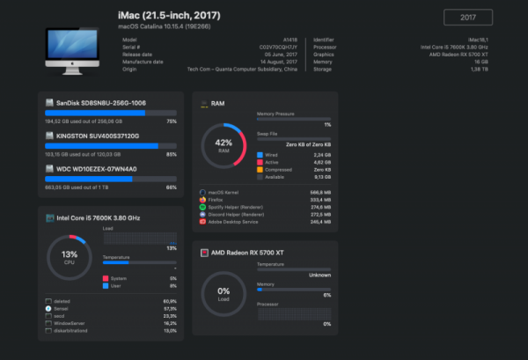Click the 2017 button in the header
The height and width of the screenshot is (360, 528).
[x=467, y=18]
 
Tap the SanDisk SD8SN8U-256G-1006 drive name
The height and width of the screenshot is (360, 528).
[x=100, y=103]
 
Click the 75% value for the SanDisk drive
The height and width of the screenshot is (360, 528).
[x=172, y=121]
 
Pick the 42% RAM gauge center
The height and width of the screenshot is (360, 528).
[x=223, y=145]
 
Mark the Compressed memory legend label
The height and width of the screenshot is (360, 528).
[x=278, y=168]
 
